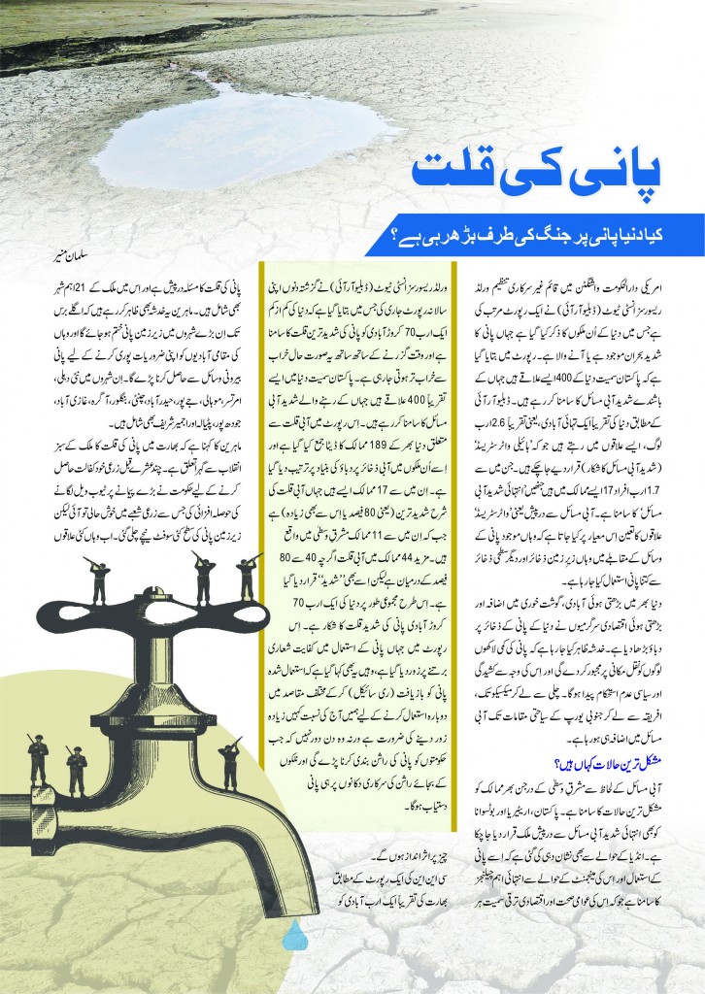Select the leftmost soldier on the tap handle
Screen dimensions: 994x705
point(98,577)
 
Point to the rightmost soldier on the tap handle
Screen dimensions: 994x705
point(248,577)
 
